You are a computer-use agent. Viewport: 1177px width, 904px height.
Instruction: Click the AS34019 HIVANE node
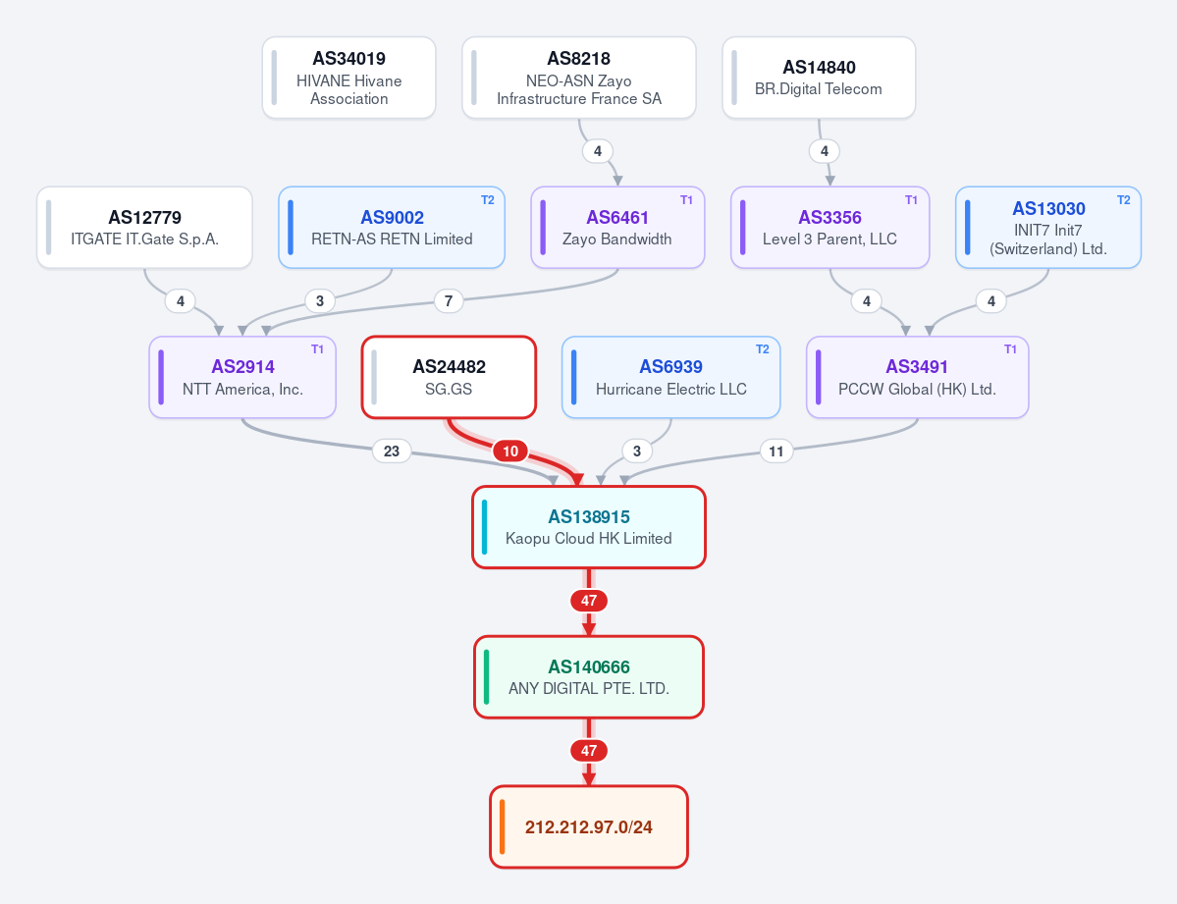point(349,79)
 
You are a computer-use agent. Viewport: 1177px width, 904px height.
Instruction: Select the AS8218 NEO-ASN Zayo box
point(579,79)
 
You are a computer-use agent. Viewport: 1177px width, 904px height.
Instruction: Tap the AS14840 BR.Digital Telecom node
point(819,79)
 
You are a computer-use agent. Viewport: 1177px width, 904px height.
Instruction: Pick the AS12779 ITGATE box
point(145,228)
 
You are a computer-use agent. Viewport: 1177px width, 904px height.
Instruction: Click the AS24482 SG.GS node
point(449,377)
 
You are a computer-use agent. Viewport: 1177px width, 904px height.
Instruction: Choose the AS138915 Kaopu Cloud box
point(589,527)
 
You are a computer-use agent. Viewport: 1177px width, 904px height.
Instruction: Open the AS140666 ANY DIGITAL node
point(589,677)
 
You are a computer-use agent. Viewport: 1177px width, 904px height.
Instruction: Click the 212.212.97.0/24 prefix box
point(589,826)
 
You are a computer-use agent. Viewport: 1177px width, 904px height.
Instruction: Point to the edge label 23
point(392,452)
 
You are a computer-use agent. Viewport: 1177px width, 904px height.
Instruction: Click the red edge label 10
point(510,452)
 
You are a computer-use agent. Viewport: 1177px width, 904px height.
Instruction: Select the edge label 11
point(776,452)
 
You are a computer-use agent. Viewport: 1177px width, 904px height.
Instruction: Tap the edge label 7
point(449,301)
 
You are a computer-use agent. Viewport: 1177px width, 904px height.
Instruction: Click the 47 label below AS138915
point(589,601)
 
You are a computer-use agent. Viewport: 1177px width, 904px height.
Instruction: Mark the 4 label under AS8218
point(598,151)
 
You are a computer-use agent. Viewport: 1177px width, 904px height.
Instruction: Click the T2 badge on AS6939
point(763,349)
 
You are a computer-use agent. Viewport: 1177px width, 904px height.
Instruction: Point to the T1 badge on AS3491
point(1010,349)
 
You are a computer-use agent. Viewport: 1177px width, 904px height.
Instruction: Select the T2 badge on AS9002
point(488,199)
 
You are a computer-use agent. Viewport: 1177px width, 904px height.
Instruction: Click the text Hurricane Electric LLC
point(671,389)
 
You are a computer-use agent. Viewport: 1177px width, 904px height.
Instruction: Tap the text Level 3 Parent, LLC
point(830,239)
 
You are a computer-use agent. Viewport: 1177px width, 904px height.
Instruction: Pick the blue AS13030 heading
point(1048,209)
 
